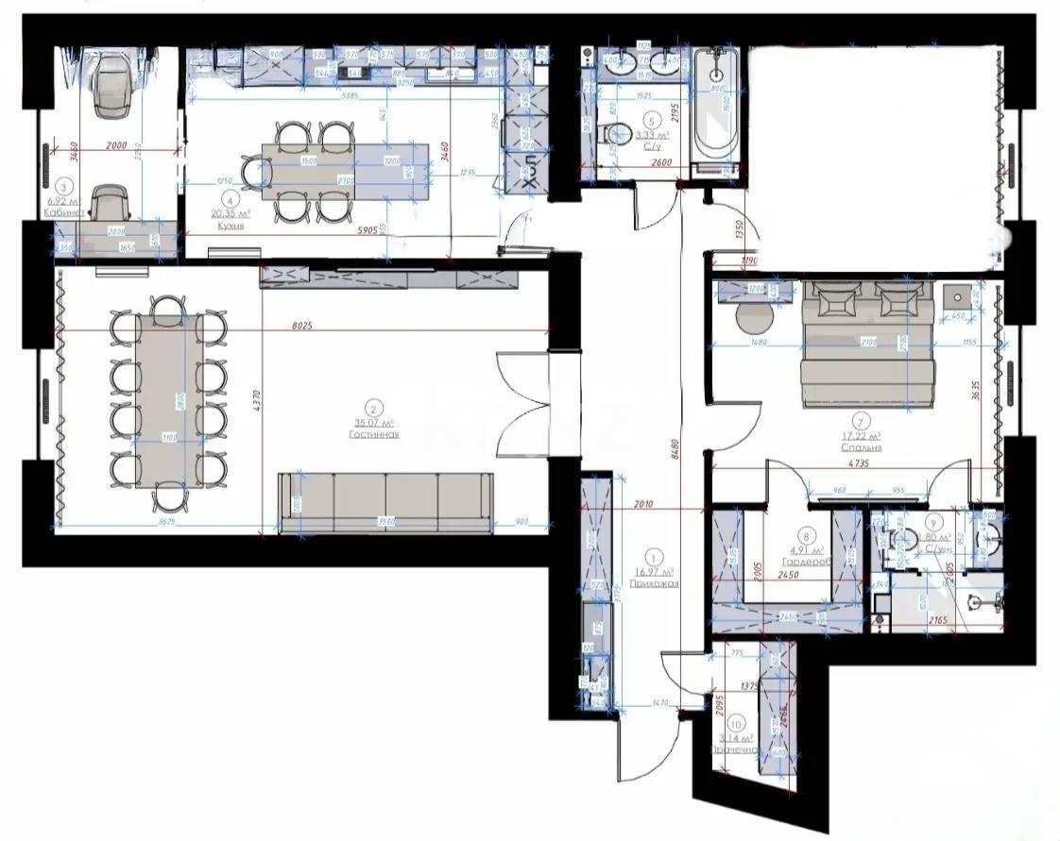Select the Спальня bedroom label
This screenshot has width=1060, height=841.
[862, 448]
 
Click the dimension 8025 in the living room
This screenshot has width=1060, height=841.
[302, 325]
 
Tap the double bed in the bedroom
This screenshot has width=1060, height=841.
[867, 349]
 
